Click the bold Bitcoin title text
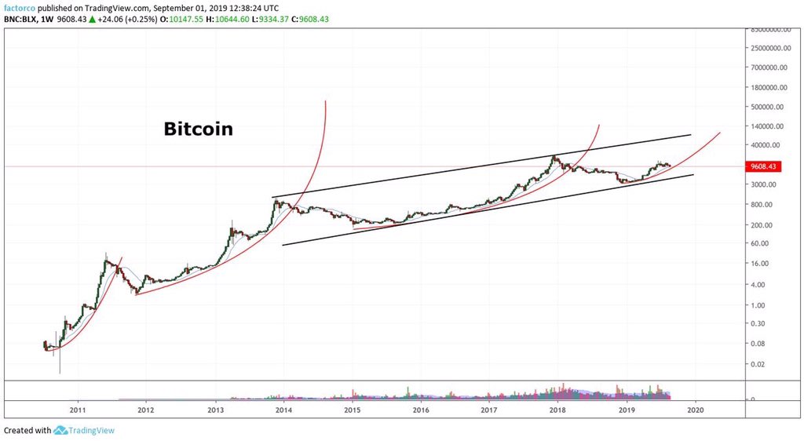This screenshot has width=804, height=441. [x=198, y=129]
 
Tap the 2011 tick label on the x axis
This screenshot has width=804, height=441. [x=77, y=410]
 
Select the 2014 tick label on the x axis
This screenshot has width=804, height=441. [x=283, y=410]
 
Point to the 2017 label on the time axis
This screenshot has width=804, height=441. [x=488, y=410]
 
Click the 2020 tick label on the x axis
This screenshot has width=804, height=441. [x=694, y=410]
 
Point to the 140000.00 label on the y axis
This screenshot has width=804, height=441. [x=769, y=126]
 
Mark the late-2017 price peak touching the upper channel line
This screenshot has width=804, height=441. [x=555, y=156]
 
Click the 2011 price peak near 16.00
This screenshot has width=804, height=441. [x=107, y=254]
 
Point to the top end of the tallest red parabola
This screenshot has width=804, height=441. [x=325, y=100]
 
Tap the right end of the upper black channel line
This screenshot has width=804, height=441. [x=691, y=135]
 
